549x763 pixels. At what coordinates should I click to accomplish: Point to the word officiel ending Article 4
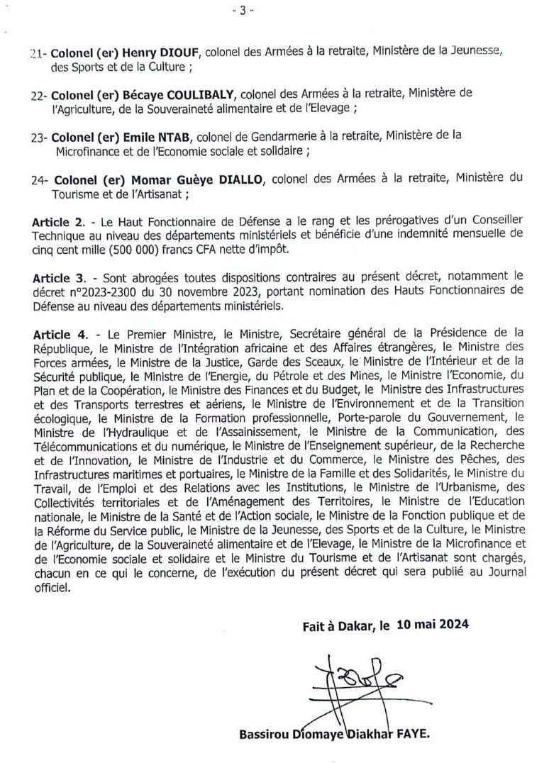pos(52,589)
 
